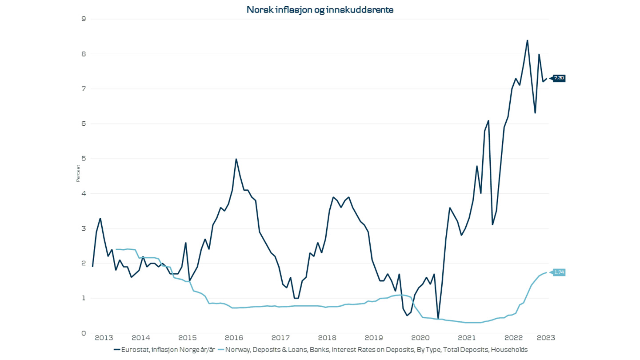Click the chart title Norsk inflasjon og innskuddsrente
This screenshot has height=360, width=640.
point(320,10)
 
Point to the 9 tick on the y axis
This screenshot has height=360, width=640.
point(83,19)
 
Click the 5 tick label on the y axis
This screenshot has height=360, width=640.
point(83,159)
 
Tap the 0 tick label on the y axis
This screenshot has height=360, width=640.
point(83,333)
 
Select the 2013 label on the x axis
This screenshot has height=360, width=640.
point(101,338)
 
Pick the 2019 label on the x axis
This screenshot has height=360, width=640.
point(373,338)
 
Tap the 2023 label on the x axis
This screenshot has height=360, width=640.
point(546,338)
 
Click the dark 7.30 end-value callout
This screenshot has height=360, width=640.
point(559,78)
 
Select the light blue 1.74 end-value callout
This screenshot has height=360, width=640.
point(559,272)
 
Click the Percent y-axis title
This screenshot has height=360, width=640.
point(78,173)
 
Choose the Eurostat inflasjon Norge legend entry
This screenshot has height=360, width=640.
point(164,350)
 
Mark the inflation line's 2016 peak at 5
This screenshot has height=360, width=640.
point(236,159)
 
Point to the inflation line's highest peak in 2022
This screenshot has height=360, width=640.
point(527,40)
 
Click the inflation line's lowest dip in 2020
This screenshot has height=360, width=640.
point(438,319)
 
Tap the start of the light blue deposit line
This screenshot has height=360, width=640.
point(116,249)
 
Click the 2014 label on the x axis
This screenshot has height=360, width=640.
point(141,338)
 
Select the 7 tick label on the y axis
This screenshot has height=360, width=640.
point(83,89)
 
